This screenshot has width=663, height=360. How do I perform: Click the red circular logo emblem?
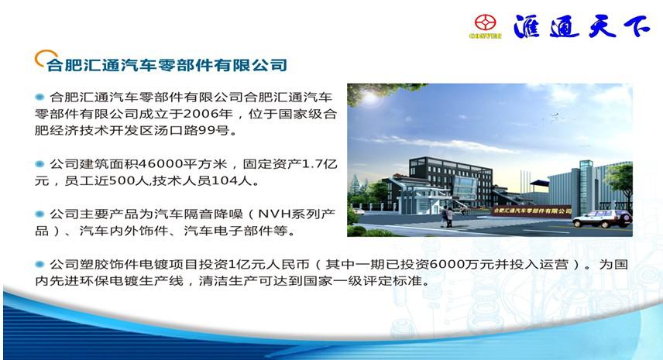(x=485, y=22)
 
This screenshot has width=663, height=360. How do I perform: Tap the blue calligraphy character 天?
(x=603, y=26)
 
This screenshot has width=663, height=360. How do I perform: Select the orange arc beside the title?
(x=45, y=57)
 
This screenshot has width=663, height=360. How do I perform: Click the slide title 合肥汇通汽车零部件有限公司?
(x=167, y=65)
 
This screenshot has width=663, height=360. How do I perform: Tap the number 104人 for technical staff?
(x=231, y=181)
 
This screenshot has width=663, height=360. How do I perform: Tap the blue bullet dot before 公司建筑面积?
(x=40, y=164)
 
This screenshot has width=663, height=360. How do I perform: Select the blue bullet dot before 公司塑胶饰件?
(x=40, y=265)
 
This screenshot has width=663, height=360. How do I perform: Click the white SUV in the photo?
(x=602, y=218)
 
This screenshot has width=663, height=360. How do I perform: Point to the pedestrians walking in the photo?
(x=447, y=216)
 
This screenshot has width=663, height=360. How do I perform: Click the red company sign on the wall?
(x=532, y=211)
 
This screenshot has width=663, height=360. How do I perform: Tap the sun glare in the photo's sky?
(x=369, y=98)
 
